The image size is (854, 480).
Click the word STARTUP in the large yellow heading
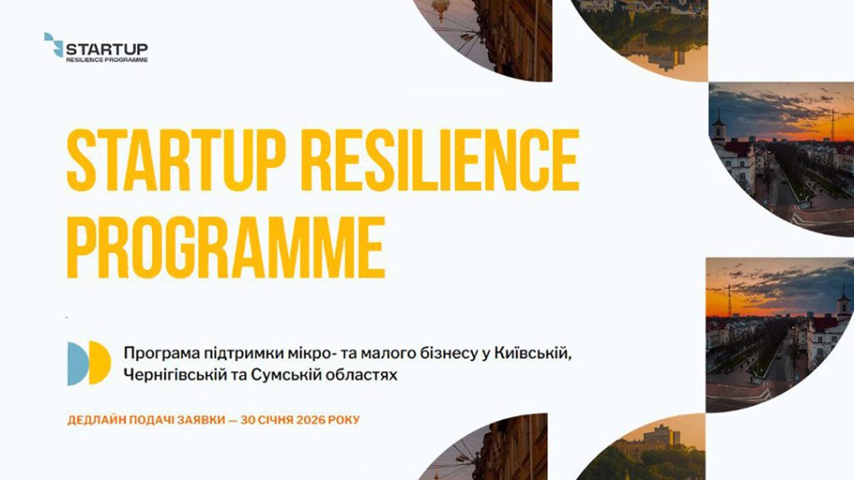click(x=176, y=161)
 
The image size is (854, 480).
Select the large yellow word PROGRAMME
click(x=226, y=247)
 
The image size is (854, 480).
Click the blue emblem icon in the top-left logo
click(x=53, y=45)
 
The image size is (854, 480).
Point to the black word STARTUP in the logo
click(x=107, y=49)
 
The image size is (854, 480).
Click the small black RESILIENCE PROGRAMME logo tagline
click(x=107, y=59)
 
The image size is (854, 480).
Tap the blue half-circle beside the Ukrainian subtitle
click(x=78, y=363)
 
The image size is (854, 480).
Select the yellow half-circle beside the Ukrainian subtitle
click(x=100, y=363)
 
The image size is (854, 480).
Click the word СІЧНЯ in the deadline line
click(x=276, y=420)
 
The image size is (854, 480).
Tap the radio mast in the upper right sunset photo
click(x=832, y=125)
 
